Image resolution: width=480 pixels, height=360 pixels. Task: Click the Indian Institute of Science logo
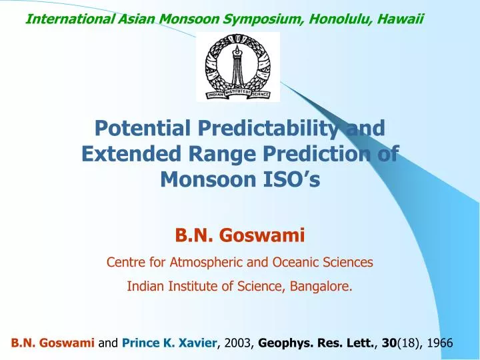pos(238,67)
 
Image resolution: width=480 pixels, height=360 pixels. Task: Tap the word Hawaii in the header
pos(400,19)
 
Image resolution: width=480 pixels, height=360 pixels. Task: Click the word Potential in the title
pos(140,127)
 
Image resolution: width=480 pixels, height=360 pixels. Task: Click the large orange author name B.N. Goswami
pos(239,235)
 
